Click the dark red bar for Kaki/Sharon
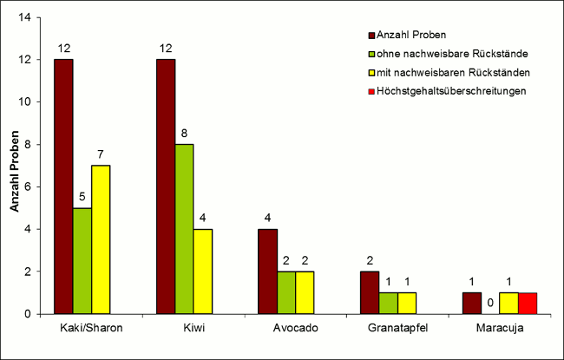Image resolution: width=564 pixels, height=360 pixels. pos(63,186)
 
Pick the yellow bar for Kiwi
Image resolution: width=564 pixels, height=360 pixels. pos(203,271)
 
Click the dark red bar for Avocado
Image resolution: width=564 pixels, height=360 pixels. pos(267,271)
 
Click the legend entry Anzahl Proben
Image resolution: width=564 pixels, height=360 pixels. pos(412,35)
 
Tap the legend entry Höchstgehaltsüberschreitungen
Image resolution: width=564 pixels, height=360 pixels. pos(447,91)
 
